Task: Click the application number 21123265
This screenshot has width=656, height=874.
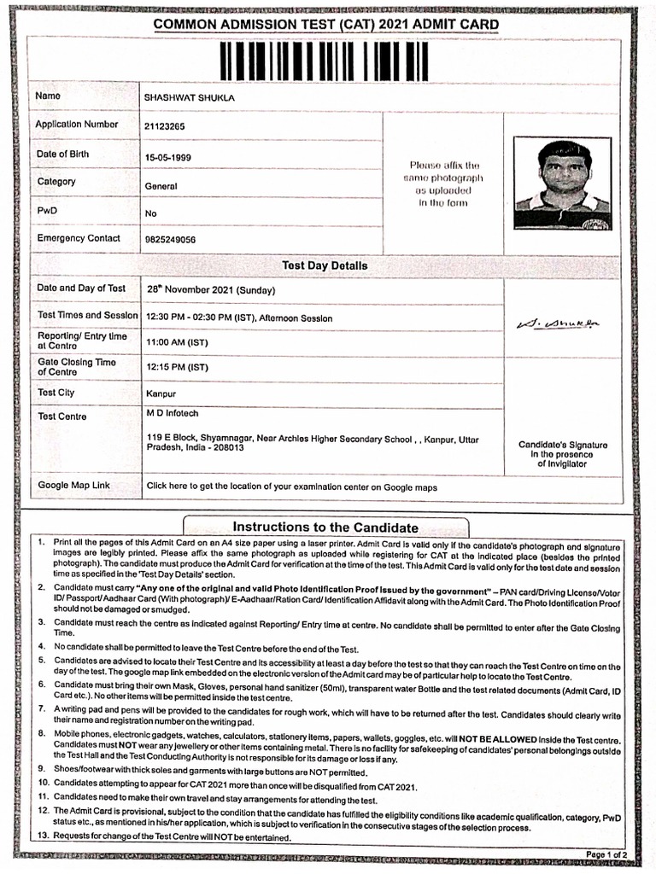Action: click(165, 126)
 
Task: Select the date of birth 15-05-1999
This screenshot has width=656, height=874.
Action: click(167, 158)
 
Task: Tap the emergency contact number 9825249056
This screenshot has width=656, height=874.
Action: click(170, 240)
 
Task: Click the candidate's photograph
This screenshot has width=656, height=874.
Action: click(563, 184)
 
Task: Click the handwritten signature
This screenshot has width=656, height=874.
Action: click(558, 323)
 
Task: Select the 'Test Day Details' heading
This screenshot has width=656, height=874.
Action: click(325, 265)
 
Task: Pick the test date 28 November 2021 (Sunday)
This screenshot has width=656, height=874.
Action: click(220, 290)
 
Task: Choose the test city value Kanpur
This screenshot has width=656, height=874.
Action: click(161, 394)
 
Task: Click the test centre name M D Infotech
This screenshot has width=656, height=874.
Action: click(172, 414)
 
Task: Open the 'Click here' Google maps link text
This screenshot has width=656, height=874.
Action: click(291, 487)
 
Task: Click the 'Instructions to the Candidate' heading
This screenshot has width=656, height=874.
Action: click(325, 527)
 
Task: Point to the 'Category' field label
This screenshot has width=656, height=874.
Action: click(56, 182)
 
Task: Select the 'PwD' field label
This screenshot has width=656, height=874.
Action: click(46, 210)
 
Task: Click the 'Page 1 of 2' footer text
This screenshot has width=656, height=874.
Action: click(606, 854)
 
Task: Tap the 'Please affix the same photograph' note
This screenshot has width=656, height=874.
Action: click(444, 184)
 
